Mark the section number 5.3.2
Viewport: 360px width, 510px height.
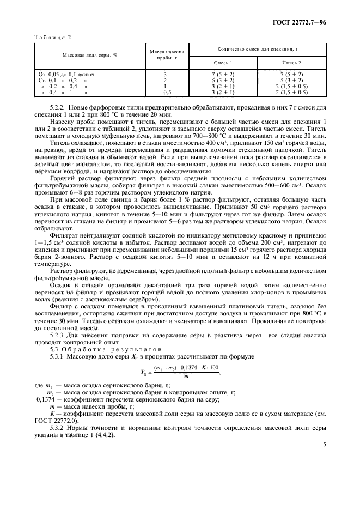click(73, 428)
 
